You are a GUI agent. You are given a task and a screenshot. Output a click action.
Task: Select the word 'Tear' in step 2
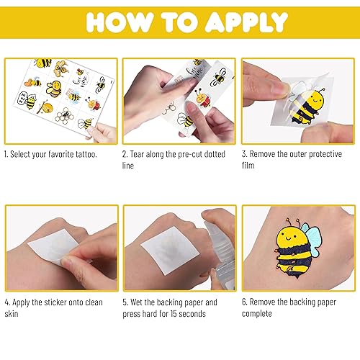tap(141, 154)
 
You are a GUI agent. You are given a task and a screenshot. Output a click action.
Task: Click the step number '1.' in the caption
tap(7, 154)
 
